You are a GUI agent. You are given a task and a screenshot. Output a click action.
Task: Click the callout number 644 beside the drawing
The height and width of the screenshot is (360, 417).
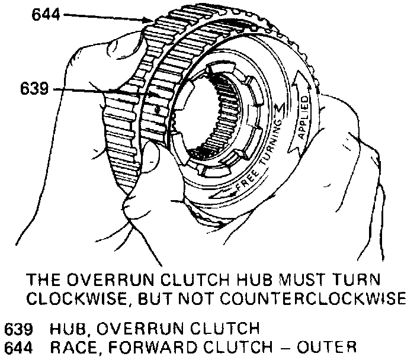pyautogui.click(x=45, y=14)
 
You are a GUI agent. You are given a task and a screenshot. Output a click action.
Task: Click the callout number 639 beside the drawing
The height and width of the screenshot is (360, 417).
pyautogui.click(x=36, y=90)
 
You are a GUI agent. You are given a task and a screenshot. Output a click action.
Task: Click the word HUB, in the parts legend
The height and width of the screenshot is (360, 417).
pyautogui.click(x=70, y=327)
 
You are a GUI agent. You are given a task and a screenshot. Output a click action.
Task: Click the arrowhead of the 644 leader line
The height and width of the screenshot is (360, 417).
pyautogui.click(x=152, y=21)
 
